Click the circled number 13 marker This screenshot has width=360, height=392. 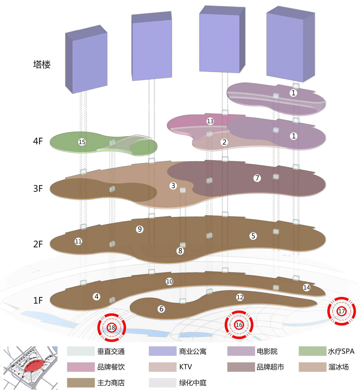(x=210, y=121)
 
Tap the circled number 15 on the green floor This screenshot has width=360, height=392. (x=82, y=142)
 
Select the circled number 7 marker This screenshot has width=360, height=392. (x=257, y=178)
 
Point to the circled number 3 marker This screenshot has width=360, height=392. (x=173, y=186)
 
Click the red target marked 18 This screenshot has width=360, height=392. (x=112, y=327)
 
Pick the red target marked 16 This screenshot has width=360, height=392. (x=239, y=325)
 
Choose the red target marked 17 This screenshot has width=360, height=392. (x=341, y=311)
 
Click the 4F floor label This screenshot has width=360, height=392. (x=38, y=141)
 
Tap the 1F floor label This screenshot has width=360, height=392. (x=38, y=300)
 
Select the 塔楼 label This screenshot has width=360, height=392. (x=42, y=65)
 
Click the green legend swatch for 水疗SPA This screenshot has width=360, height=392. (x=312, y=351)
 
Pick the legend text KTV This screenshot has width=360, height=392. (x=185, y=367)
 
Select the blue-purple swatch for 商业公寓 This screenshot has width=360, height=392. (x=162, y=351)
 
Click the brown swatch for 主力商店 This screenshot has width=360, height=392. (x=81, y=383)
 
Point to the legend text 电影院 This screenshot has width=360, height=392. (x=267, y=351)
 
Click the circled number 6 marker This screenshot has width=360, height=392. (x=161, y=309)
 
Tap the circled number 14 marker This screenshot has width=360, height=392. (x=306, y=288)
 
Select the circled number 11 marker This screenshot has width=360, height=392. (x=78, y=241)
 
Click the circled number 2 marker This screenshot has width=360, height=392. (x=224, y=142)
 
